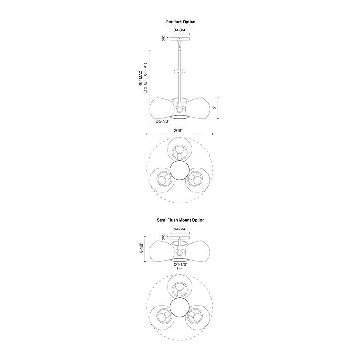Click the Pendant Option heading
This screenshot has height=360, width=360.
click(180, 22)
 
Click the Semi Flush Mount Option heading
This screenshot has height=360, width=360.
click(180, 220)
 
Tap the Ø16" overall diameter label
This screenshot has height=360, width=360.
click(178, 131)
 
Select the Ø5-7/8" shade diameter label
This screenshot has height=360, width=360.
click(162, 121)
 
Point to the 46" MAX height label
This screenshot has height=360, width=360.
click(140, 78)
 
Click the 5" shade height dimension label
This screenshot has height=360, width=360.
click(215, 108)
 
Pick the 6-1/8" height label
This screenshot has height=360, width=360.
click(141, 248)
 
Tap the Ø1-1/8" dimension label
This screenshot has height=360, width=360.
click(180, 264)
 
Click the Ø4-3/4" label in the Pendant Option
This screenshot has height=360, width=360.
click(180, 30)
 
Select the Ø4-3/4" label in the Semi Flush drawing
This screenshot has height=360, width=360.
click(180, 229)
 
